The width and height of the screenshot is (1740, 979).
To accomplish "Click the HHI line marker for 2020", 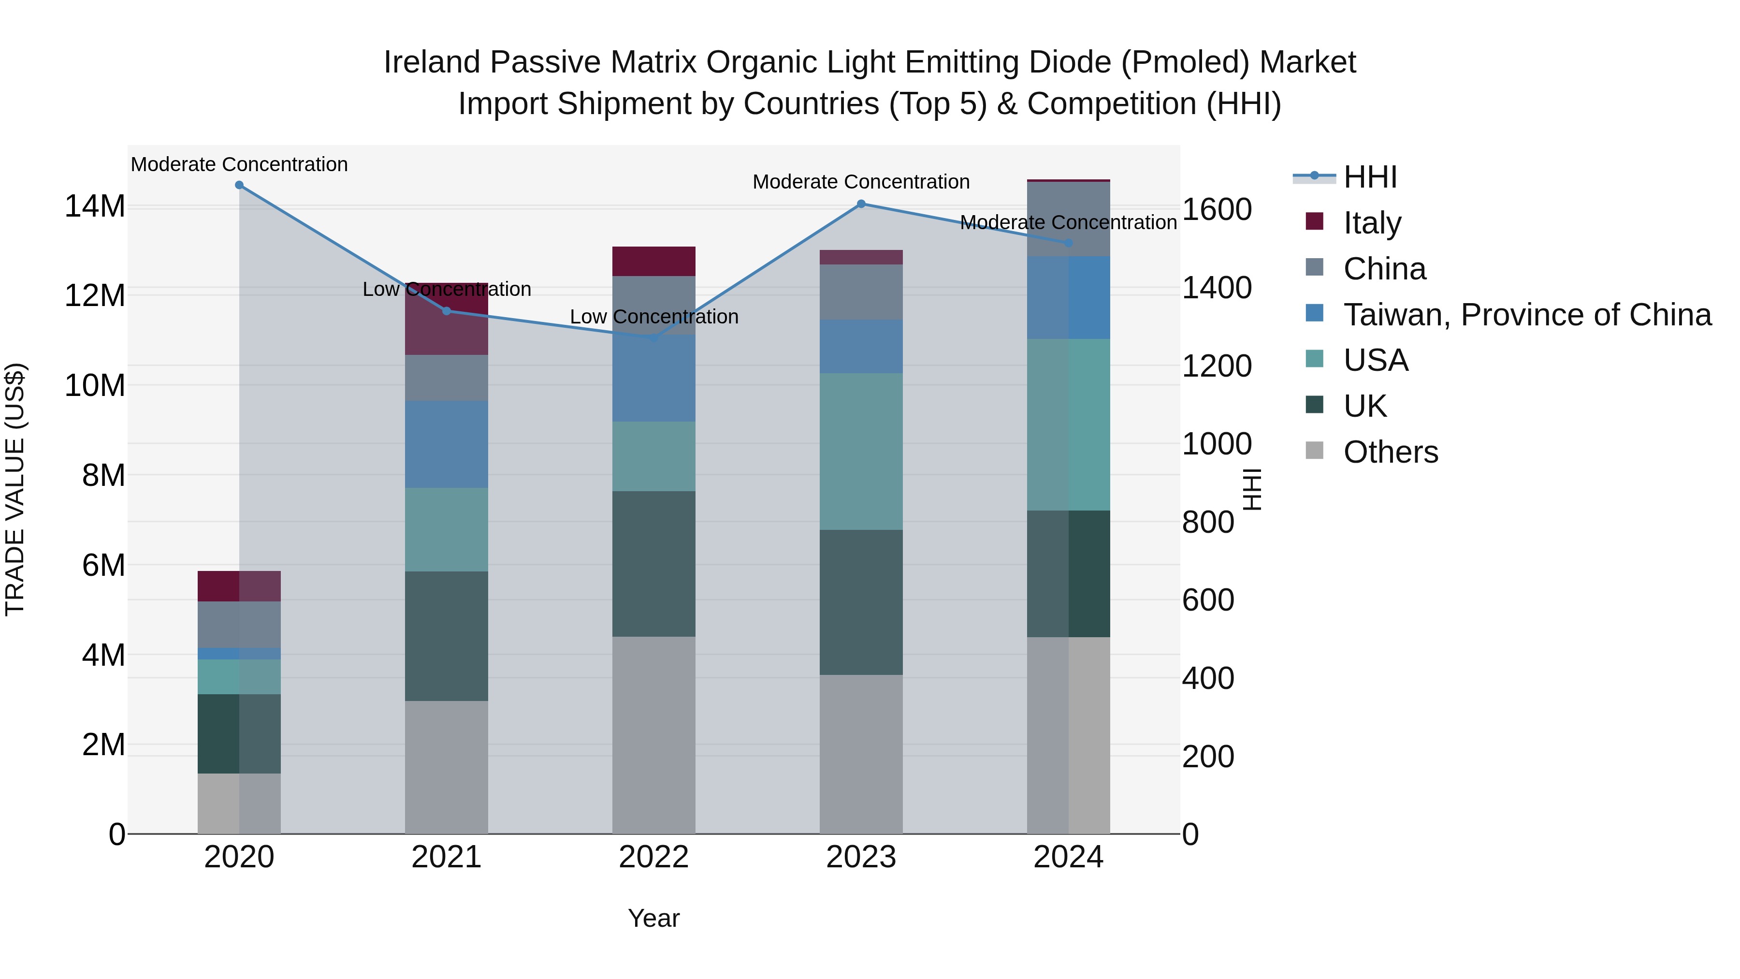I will [x=239, y=185].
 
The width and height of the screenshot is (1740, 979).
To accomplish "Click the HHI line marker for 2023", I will [x=860, y=204].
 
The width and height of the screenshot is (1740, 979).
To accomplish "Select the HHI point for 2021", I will [x=447, y=311].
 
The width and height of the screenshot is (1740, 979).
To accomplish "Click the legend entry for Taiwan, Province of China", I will [x=1526, y=315].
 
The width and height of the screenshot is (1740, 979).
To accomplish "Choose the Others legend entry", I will [x=1390, y=452].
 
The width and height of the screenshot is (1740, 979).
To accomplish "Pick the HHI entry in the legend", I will [x=1370, y=177].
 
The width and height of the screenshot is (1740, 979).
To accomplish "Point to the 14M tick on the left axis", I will [x=95, y=206].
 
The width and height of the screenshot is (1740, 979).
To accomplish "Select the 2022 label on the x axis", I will [x=653, y=857].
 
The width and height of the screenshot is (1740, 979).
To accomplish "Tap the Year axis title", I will [x=653, y=918].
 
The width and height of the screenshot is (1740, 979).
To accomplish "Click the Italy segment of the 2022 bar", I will [x=653, y=262].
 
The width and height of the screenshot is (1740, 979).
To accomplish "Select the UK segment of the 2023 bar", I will [x=860, y=601].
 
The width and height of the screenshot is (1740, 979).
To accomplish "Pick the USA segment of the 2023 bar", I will [x=860, y=452].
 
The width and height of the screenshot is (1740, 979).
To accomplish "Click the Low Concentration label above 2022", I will [x=653, y=317].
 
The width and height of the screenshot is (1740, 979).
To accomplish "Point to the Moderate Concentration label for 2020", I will [x=239, y=164].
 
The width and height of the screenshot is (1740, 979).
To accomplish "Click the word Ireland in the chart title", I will [x=432, y=62].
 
